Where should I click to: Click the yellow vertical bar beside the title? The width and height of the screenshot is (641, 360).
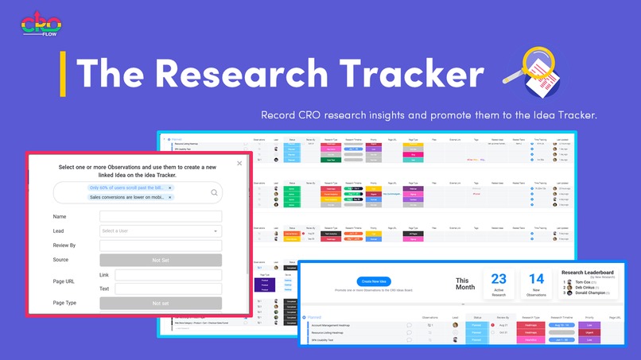point(63,75)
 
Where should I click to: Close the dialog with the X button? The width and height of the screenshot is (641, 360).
point(239,164)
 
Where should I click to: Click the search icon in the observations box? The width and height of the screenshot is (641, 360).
point(215,192)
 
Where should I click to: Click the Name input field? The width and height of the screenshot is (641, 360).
point(160,216)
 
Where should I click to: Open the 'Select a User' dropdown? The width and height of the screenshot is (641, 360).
point(160,231)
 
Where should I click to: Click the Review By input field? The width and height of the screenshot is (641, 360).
point(160,246)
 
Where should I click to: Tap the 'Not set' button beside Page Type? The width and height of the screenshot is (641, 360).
point(160,303)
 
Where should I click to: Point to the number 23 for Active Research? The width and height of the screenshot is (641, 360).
point(499,279)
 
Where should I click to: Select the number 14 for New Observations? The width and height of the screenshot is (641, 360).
point(537,279)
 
